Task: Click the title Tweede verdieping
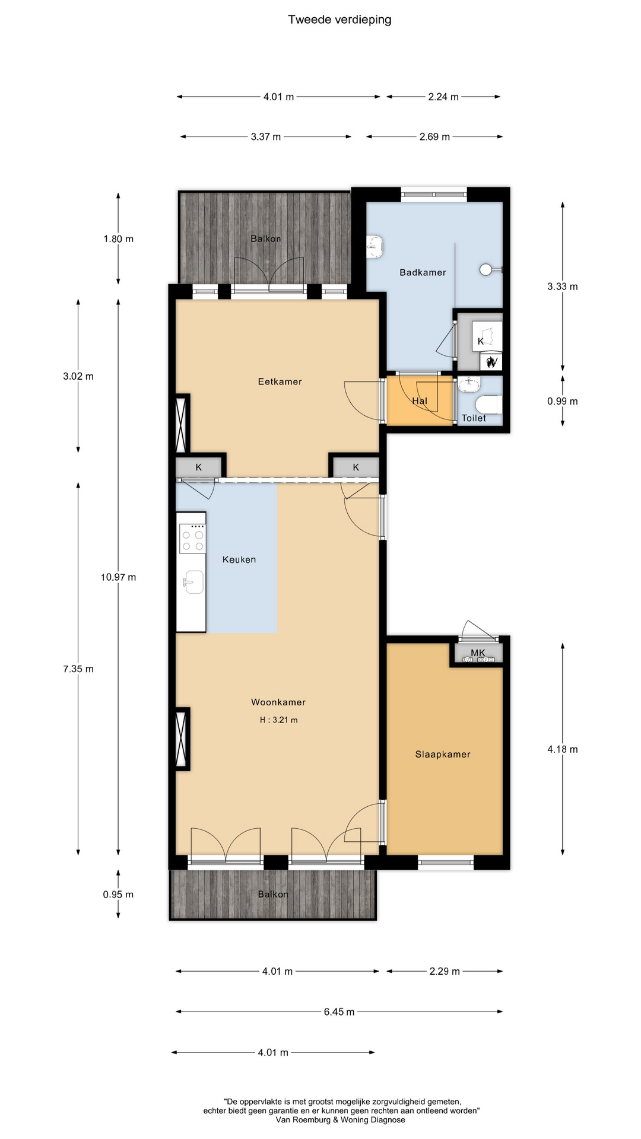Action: click(339, 20)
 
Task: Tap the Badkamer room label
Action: click(423, 272)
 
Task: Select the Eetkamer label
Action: click(280, 381)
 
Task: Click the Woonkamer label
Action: click(278, 702)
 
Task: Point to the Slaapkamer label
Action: click(443, 754)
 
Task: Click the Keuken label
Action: click(239, 559)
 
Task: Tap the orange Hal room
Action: click(420, 400)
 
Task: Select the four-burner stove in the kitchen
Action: click(193, 539)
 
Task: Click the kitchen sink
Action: click(193, 581)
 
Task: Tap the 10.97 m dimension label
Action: click(118, 577)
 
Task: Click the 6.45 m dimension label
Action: click(339, 1011)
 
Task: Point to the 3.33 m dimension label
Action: click(562, 286)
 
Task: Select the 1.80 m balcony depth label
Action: click(118, 238)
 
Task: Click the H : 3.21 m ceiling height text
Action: click(278, 720)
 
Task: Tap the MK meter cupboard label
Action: click(478, 653)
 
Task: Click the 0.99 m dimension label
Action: click(562, 401)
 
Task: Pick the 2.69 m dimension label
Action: click(434, 136)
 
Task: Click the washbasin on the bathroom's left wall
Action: click(375, 246)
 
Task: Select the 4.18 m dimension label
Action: click(562, 749)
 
